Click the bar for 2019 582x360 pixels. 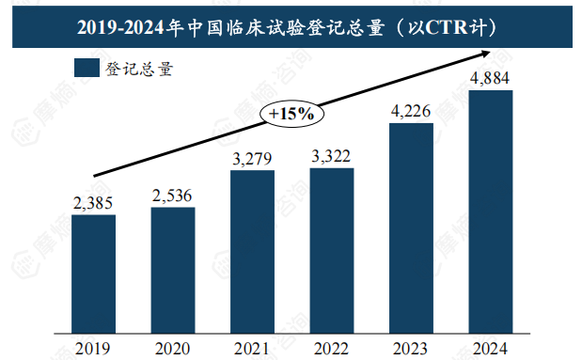tap(93, 274)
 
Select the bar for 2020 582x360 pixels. tap(173, 270)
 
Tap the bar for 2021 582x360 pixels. tap(252, 251)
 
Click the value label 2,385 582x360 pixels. tap(93, 202)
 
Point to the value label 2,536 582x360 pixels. tap(173, 195)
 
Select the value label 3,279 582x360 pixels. tap(252, 157)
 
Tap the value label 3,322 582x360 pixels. tap(331, 155)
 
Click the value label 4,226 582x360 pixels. tap(411, 111)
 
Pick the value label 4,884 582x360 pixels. tap(490, 77)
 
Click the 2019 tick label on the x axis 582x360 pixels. tap(93, 349)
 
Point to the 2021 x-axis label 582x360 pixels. tap(252, 349)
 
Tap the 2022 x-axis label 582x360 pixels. tap(331, 349)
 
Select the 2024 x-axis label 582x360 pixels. tap(490, 349)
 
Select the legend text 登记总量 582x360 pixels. tap(142, 68)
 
